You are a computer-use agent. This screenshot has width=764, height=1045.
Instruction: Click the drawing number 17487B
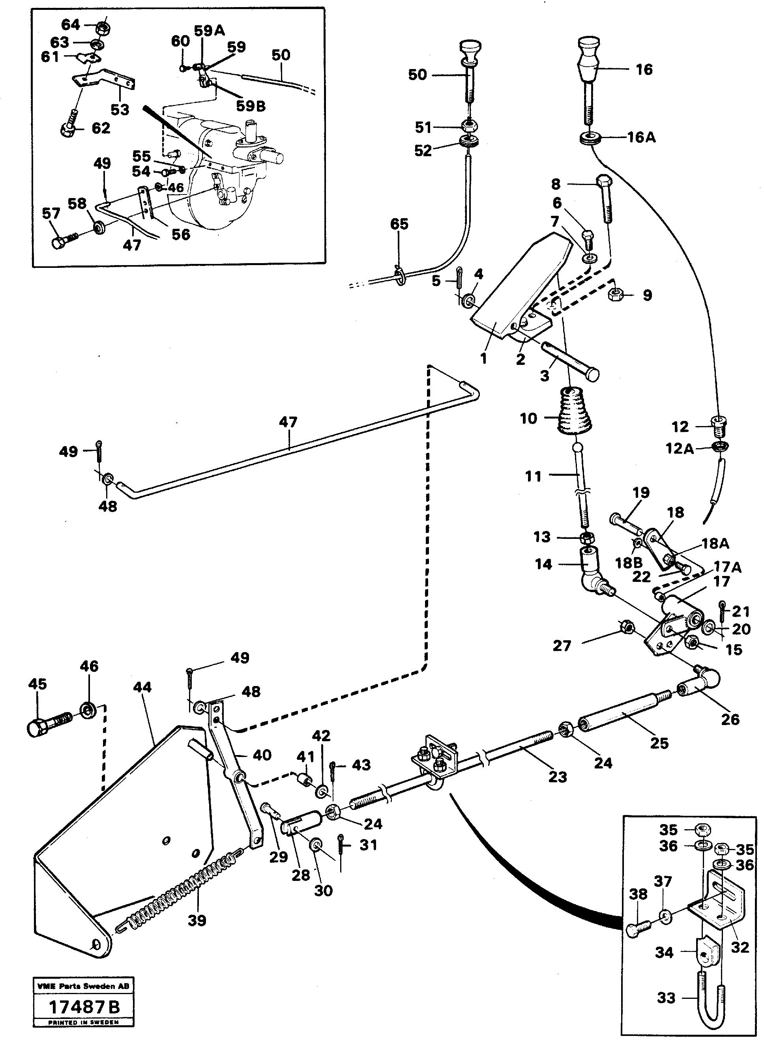(x=84, y=1007)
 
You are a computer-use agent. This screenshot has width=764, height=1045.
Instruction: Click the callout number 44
(x=142, y=687)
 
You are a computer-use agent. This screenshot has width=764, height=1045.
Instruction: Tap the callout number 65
(x=399, y=224)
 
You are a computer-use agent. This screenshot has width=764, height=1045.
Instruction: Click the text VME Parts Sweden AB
(x=84, y=986)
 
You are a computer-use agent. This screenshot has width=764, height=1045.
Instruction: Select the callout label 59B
(x=251, y=106)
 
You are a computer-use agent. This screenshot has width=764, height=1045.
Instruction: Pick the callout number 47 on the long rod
(x=288, y=422)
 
